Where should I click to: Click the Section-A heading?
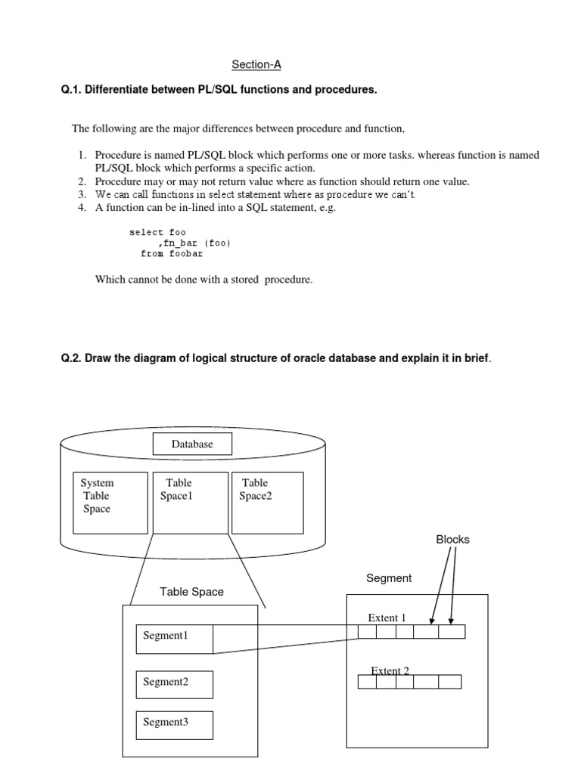pyautogui.click(x=256, y=65)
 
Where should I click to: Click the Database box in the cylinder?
pyautogui.click(x=192, y=444)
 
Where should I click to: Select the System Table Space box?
pyautogui.click(x=109, y=503)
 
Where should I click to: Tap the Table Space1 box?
pyautogui.click(x=191, y=503)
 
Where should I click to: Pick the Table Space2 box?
pyautogui.click(x=267, y=503)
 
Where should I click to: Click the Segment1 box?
pyautogui.click(x=175, y=639)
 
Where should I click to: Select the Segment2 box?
pyautogui.click(x=175, y=684)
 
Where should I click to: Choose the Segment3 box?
pyautogui.click(x=175, y=724)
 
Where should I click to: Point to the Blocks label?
pyautogui.click(x=452, y=540)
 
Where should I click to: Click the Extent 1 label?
pyautogui.click(x=387, y=618)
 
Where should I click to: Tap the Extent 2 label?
pyautogui.click(x=390, y=670)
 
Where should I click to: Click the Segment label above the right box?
pyautogui.click(x=389, y=578)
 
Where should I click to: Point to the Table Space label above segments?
pyautogui.click(x=191, y=592)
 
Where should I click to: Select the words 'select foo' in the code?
pyautogui.click(x=157, y=232)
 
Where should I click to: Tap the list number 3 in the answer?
pyautogui.click(x=81, y=195)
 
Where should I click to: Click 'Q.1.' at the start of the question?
pyautogui.click(x=70, y=90)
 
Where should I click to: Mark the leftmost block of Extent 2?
pyautogui.click(x=367, y=682)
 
